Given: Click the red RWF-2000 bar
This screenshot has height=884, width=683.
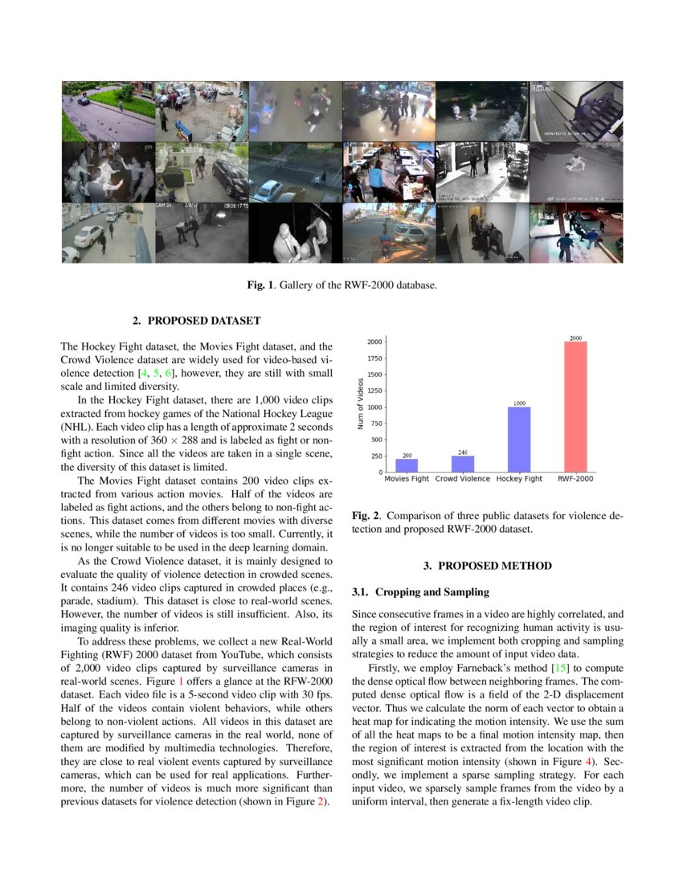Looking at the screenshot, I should point(575,407).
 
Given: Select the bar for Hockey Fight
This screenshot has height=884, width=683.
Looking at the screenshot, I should point(519,440).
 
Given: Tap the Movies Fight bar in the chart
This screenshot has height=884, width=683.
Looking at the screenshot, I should point(407,465).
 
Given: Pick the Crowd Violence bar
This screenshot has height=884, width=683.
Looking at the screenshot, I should point(463,464).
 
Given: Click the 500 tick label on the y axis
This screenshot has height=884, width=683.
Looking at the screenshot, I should point(374,440).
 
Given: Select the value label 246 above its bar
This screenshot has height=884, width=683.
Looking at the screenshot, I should point(463,452).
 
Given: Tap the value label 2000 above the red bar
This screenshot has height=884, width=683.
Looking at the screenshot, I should point(575,338).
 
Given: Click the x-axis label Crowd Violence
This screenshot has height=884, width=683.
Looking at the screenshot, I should point(463,479).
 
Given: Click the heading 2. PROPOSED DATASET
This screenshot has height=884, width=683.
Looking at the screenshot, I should point(196,321).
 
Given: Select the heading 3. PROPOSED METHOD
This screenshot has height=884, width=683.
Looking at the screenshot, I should point(488,566).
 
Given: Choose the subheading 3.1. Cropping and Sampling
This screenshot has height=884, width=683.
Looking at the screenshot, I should point(420,592).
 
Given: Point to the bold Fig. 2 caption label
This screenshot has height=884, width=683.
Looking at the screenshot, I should point(366,516).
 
